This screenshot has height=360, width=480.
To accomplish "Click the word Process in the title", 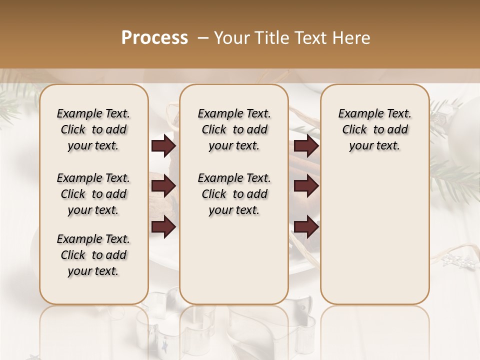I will [x=154, y=38].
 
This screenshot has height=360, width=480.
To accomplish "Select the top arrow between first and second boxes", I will [x=163, y=146].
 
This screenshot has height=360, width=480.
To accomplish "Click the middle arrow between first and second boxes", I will [x=163, y=186].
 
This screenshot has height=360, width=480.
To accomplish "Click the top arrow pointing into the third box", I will [x=306, y=146].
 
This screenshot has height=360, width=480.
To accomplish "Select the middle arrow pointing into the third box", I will [x=306, y=186].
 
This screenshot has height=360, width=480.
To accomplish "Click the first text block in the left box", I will [x=93, y=129].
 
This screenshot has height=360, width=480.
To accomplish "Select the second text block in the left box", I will [x=93, y=194].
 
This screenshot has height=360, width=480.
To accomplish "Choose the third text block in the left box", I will [x=93, y=255].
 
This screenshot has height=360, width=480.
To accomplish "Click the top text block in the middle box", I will [x=234, y=129].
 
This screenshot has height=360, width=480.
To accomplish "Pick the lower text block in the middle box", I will [x=234, y=194].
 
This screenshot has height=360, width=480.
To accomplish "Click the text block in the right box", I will [x=374, y=129].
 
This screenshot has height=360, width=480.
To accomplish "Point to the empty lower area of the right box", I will [x=374, y=235].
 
